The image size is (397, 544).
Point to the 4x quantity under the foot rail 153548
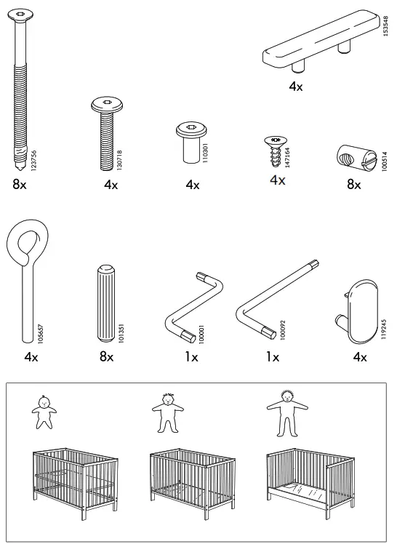(x=295, y=87)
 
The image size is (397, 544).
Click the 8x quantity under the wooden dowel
(x=107, y=357)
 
